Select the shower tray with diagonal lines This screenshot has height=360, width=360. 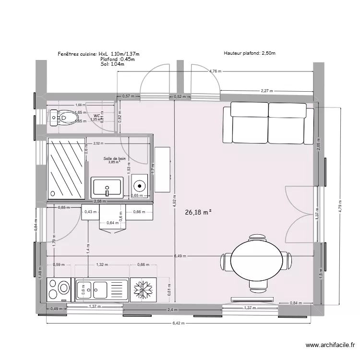click(66, 168)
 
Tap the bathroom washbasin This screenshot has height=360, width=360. click(107, 187)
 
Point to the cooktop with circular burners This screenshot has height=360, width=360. click(59, 289)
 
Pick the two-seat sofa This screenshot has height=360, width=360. click(268, 122)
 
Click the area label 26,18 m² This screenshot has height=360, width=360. click(198, 211)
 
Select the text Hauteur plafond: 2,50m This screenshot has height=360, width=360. click(249, 54)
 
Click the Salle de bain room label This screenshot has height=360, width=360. click(114, 158)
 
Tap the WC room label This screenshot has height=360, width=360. click(97, 116)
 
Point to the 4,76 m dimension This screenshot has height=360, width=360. click(216, 71)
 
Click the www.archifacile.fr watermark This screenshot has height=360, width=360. click(331, 345)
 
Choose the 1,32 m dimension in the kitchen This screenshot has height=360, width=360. click(102, 264)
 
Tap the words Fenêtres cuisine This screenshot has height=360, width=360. click(77, 54)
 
